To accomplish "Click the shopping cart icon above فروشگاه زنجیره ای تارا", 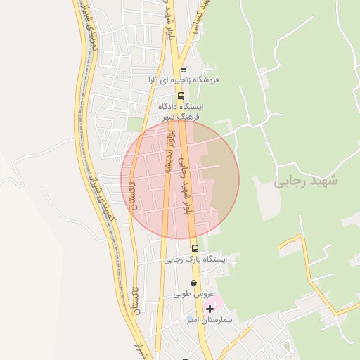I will [184, 70].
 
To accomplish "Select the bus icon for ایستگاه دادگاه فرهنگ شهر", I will [181, 96].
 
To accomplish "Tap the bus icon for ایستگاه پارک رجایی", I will [195, 248].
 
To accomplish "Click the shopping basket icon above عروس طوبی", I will [193, 283].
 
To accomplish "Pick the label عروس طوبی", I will [190, 294].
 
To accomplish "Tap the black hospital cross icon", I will [210, 309].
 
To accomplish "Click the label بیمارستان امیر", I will [210, 320].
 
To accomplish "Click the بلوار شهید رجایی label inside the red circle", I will [184, 186].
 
